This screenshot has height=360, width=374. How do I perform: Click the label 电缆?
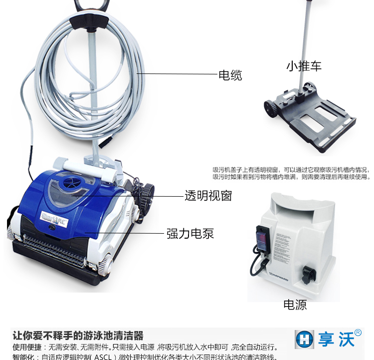[x=230, y=75]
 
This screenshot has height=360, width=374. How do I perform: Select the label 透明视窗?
[x=208, y=196]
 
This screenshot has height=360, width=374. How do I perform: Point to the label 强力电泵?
[x=190, y=233]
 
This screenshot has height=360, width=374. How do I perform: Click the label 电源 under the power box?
[x=295, y=305]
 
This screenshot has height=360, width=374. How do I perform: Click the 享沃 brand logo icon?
[x=304, y=339]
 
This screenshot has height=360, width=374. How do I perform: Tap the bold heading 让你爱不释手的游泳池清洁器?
[x=78, y=336]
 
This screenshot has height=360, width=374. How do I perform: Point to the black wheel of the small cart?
[x=271, y=107]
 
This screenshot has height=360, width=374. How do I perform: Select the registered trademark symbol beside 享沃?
[x=358, y=333]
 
